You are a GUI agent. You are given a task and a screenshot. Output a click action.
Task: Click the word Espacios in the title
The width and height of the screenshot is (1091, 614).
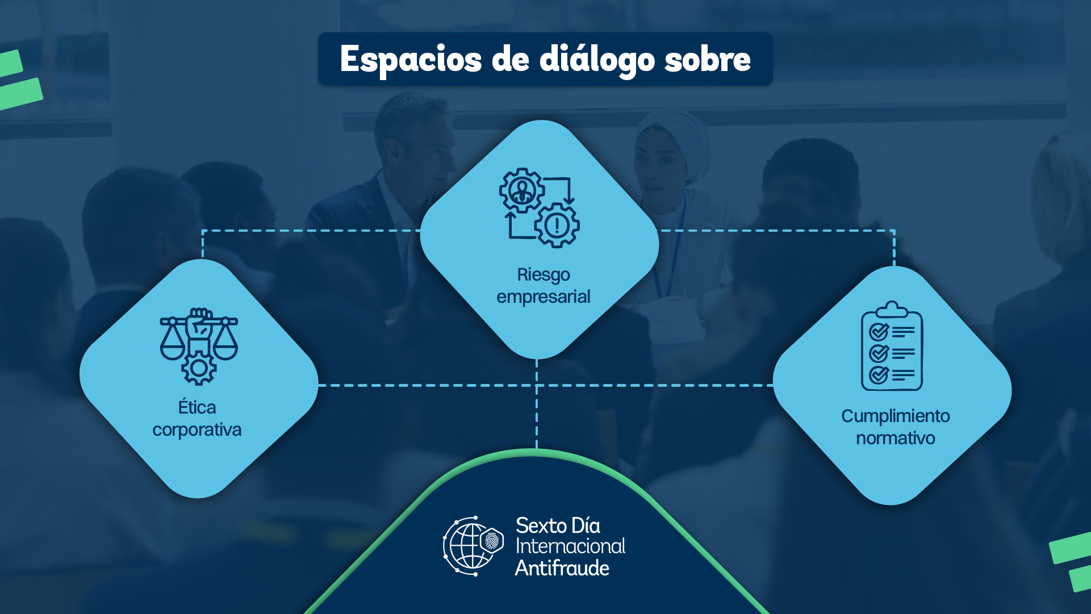pos(411,60)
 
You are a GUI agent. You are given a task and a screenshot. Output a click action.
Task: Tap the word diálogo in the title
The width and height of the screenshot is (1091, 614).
pos(596,60)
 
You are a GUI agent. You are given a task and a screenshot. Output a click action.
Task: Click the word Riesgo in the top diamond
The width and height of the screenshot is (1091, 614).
pos(543,275)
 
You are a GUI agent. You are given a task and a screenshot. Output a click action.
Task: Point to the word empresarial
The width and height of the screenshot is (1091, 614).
pos(543,296)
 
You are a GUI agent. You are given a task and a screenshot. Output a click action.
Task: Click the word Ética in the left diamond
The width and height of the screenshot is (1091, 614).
pos(197,407)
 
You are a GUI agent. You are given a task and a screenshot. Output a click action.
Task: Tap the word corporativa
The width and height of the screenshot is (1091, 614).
pos(197,430)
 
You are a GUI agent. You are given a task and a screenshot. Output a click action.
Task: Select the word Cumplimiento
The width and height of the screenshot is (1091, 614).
pos(895,416)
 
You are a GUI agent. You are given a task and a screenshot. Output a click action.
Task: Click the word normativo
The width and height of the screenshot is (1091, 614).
pos(895,438)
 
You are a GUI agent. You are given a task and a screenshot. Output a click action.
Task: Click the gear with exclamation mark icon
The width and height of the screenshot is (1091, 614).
pos(557,225)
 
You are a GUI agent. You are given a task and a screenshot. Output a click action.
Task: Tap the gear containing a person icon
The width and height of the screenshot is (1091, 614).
pos(521,190)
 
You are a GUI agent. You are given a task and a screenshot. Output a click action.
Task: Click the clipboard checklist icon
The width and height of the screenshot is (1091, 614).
pos(892,346)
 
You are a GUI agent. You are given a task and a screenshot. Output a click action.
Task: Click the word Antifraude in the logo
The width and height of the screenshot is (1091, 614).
pos(562,568)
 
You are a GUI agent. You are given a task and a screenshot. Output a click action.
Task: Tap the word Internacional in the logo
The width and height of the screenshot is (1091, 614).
pos(570,546)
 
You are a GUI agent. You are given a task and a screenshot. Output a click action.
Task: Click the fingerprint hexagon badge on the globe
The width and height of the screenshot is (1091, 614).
pos(492,540)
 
